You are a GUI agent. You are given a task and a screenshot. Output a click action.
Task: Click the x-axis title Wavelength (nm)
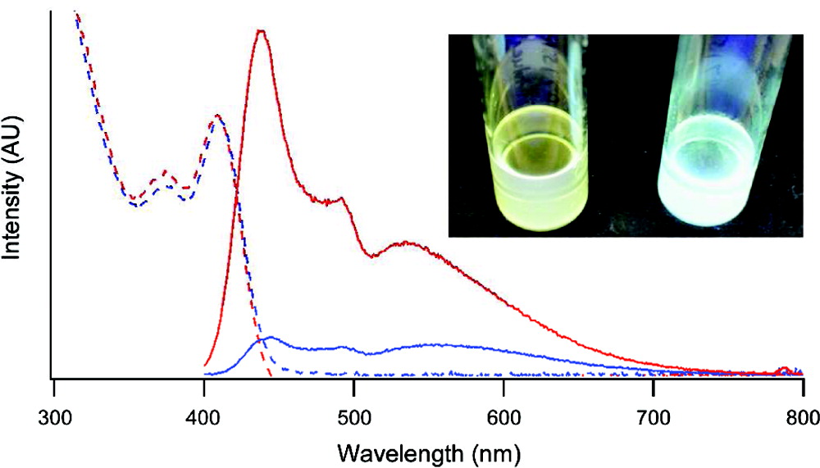tap(427, 451)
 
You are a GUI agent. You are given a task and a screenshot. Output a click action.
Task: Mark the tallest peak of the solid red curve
tap(261, 31)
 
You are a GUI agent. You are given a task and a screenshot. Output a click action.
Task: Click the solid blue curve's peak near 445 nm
tap(271, 337)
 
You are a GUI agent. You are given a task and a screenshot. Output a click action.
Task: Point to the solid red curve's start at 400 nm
tap(205, 365)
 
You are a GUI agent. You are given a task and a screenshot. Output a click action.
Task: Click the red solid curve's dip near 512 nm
tap(374, 257)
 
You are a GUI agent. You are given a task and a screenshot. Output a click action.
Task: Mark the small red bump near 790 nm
tap(786, 369)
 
